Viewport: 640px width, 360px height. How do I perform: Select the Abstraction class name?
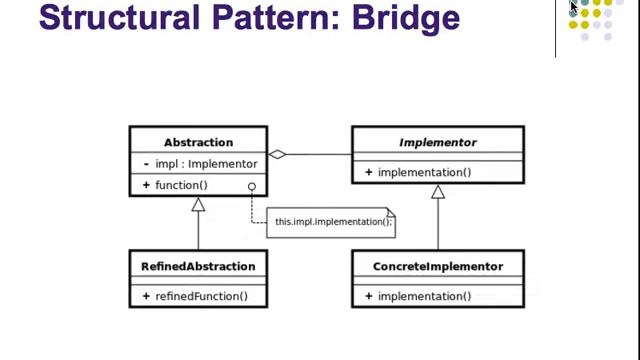pyautogui.click(x=198, y=142)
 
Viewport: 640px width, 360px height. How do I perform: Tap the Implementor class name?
pyautogui.click(x=437, y=142)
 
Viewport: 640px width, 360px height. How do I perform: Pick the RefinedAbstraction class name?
pyautogui.click(x=198, y=266)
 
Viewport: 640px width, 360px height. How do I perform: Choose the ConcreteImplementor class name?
pyautogui.click(x=437, y=266)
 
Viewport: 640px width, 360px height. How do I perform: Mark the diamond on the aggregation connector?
pyautogui.click(x=279, y=155)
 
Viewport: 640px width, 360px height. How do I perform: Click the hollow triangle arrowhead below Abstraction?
pyautogui.click(x=198, y=204)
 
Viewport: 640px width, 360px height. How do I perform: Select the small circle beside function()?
pyautogui.click(x=252, y=186)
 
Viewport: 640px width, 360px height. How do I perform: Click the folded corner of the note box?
pyautogui.click(x=391, y=212)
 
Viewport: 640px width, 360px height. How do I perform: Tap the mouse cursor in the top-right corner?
pyautogui.click(x=574, y=7)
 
